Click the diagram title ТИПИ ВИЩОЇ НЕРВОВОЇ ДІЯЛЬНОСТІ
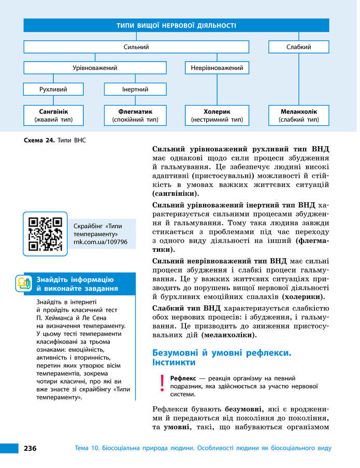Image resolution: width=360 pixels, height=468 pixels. click(x=176, y=25)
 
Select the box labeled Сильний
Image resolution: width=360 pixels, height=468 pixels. click(x=136, y=47)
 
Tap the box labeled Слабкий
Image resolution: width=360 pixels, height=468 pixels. click(x=298, y=47)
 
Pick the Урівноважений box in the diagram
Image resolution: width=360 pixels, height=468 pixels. click(x=95, y=68)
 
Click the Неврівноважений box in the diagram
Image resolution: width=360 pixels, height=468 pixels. click(x=217, y=68)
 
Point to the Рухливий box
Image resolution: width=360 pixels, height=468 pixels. click(x=53, y=89)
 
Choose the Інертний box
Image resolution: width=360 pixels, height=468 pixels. click(x=135, y=89)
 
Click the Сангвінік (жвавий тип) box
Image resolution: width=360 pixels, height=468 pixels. click(x=53, y=116)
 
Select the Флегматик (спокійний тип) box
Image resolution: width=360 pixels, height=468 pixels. click(x=135, y=116)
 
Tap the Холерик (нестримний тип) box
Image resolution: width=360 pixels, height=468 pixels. click(x=217, y=116)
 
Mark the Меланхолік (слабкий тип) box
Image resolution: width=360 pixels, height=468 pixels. click(x=298, y=116)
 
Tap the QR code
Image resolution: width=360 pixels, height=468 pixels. click(x=45, y=233)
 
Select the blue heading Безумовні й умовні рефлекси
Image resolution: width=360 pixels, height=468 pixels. click(x=222, y=353)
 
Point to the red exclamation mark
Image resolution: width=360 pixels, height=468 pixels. click(x=162, y=383)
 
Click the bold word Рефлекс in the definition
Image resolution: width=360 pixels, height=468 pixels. click(x=183, y=378)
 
